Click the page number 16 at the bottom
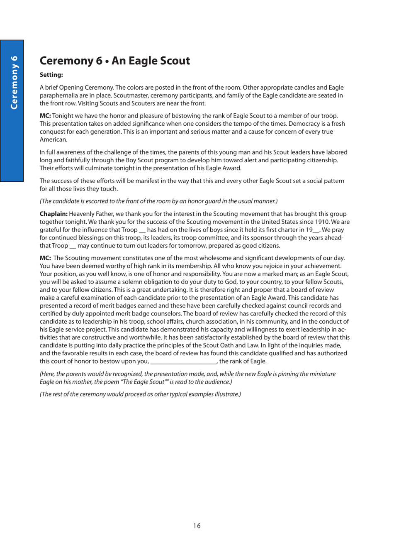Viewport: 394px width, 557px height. click(x=197, y=526)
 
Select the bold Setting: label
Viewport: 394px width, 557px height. click(x=51, y=75)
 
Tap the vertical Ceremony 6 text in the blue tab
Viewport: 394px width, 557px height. click(x=14, y=82)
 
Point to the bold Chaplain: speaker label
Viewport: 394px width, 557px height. click(x=54, y=214)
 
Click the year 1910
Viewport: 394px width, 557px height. click(x=321, y=222)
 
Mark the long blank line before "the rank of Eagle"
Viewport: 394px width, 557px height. click(x=183, y=362)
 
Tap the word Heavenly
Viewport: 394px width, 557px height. click(x=82, y=214)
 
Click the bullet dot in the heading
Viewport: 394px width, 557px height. click(x=107, y=61)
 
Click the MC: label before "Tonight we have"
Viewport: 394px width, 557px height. click(x=45, y=116)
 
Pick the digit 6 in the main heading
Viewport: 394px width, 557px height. click(x=99, y=61)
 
